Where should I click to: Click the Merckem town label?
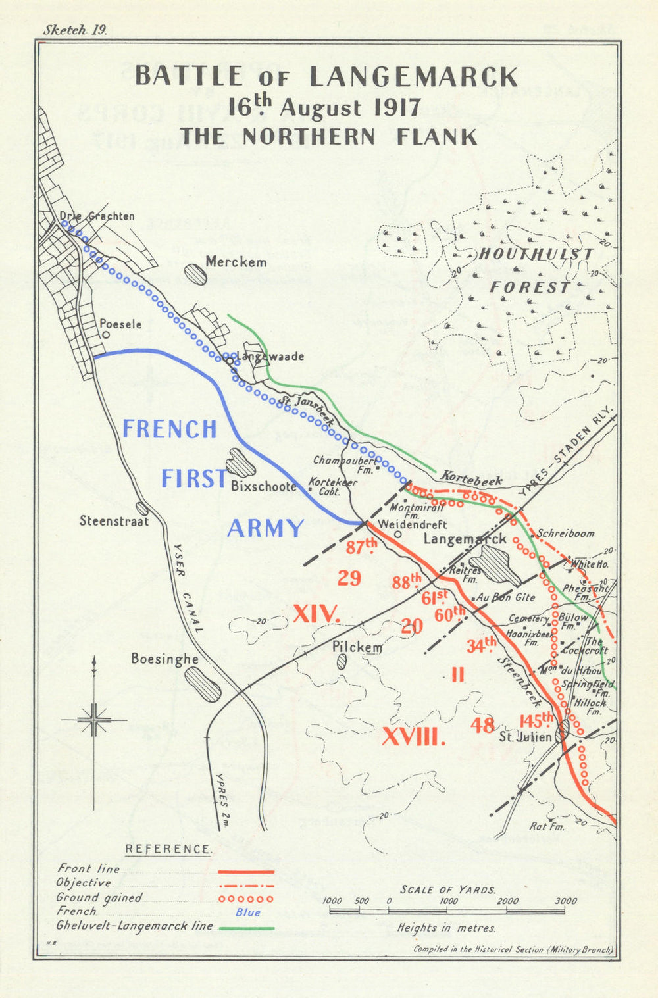pyautogui.click(x=236, y=262)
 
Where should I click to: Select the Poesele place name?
pyautogui.click(x=120, y=324)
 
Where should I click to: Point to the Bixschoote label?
pyautogui.click(x=263, y=486)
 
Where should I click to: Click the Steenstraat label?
pyautogui.click(x=114, y=521)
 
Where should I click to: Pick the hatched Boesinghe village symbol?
pyautogui.click(x=202, y=684)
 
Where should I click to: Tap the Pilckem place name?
pyautogui.click(x=357, y=647)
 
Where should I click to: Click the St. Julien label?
pyautogui.click(x=525, y=737)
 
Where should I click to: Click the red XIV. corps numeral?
pyautogui.click(x=316, y=614)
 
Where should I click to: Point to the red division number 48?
pyautogui.click(x=483, y=725)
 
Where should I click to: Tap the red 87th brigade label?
pyautogui.click(x=363, y=547)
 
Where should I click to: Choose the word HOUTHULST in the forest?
pyautogui.click(x=536, y=255)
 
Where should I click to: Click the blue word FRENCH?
pyautogui.click(x=170, y=430)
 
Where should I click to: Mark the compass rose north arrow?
pyautogui.click(x=95, y=664)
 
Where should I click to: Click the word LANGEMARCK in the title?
pyautogui.click(x=413, y=77)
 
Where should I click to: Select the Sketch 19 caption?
pyautogui.click(x=74, y=30)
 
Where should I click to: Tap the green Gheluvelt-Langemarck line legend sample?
pyautogui.click(x=246, y=928)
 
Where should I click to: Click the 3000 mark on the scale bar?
pyautogui.click(x=565, y=901)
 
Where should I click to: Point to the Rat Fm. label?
pyautogui.click(x=547, y=826)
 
